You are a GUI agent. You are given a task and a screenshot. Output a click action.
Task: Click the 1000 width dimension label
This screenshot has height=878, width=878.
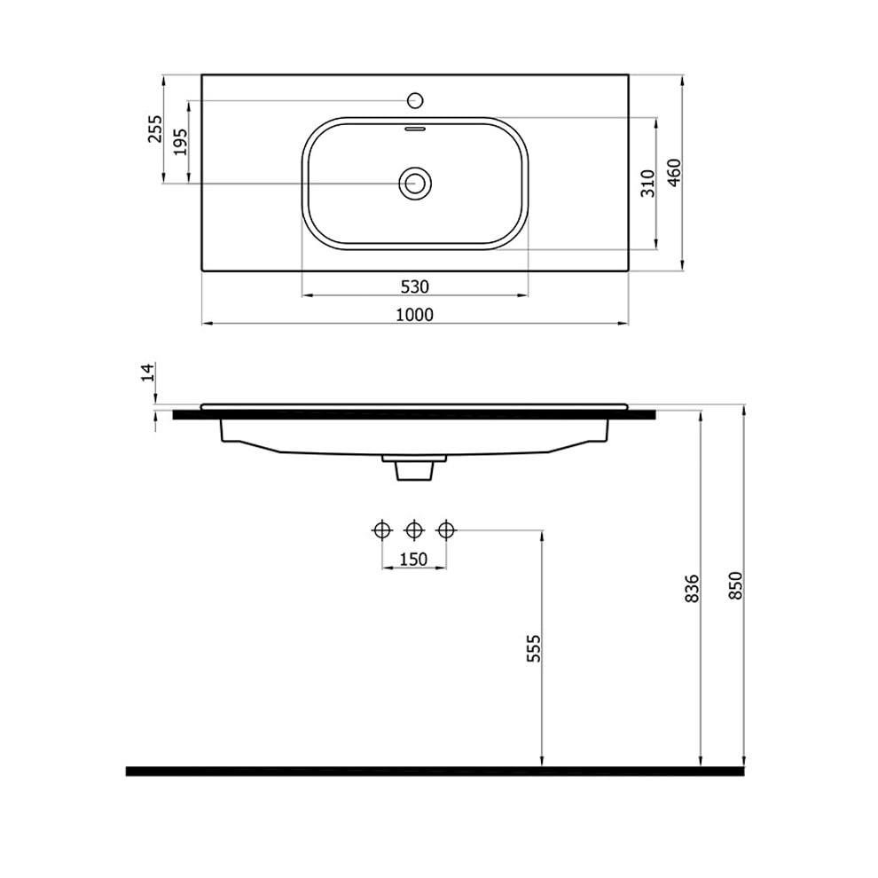pos(414,315)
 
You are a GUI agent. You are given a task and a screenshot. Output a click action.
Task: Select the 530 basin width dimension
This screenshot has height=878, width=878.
pos(415,286)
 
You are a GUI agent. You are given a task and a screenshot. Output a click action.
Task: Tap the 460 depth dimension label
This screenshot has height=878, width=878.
pos(675,172)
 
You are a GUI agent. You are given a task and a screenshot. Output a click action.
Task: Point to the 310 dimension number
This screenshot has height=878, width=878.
pos(648,183)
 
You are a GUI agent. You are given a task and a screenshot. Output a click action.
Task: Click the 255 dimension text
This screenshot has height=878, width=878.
pos(155,129)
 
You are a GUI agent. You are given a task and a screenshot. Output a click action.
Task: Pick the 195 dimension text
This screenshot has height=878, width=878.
pos(180,142)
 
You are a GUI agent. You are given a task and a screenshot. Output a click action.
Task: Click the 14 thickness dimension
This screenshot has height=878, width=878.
pos(147,372)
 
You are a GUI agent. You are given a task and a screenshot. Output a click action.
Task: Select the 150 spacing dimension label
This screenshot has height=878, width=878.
pos(414,559)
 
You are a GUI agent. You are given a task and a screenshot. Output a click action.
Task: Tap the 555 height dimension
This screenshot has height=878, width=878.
pos(534,648)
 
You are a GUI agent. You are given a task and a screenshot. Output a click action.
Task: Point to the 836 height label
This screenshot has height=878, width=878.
pos(693,588)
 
